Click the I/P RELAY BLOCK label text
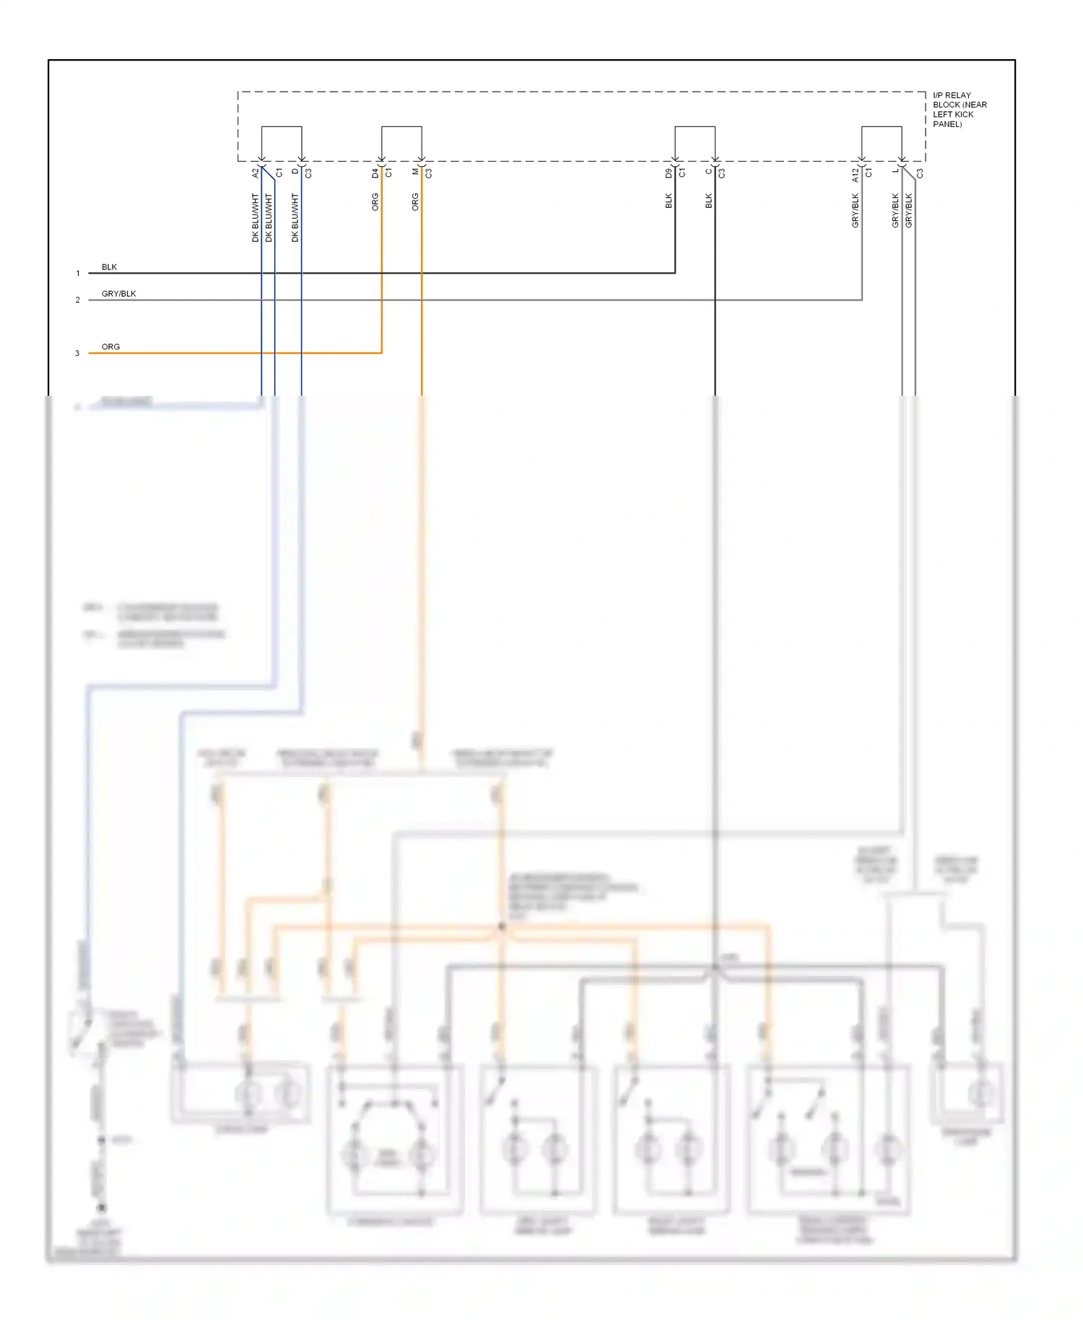959,109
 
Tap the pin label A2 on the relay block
255,173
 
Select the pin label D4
375,173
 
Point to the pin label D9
669,173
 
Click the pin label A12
855,174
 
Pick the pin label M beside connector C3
415,171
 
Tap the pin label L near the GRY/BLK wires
895,170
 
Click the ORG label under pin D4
375,202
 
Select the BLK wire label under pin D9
669,201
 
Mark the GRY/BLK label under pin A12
856,211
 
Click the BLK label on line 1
109,267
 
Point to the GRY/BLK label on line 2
118,294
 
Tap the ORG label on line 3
110,347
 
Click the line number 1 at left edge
78,274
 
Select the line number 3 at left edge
77,354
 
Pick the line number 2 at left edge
78,300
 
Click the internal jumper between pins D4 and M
401,127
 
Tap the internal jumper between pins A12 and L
882,127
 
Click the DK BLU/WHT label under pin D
295,217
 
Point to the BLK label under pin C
709,201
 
